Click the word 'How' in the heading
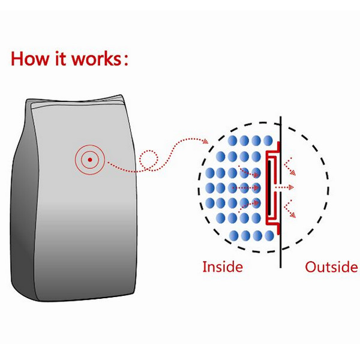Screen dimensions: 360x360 click(29, 60)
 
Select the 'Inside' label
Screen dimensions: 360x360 click(223, 266)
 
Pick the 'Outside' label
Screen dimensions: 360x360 click(331, 266)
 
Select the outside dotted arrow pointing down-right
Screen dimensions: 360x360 click(290, 212)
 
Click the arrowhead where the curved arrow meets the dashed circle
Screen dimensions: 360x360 click(206, 142)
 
